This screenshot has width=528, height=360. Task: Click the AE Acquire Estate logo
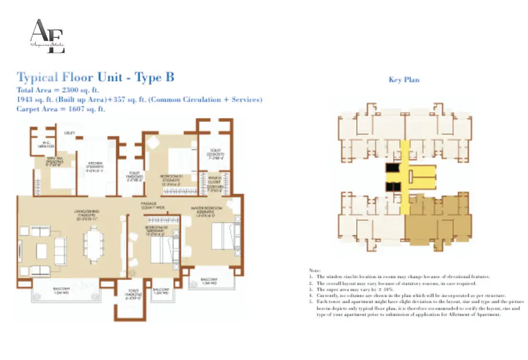(47, 36)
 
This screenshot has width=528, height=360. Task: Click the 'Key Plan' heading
(404, 80)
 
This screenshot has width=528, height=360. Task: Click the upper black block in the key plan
(392, 168)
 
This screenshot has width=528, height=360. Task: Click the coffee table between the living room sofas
(42, 250)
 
